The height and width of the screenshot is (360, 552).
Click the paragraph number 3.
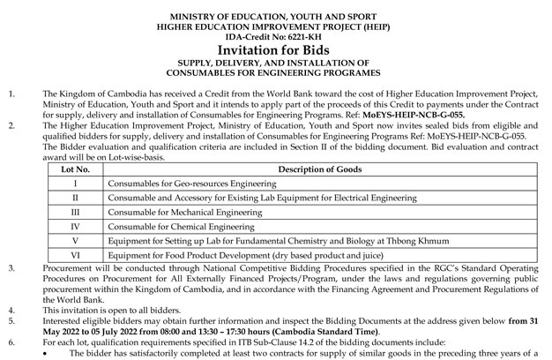[11, 266]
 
